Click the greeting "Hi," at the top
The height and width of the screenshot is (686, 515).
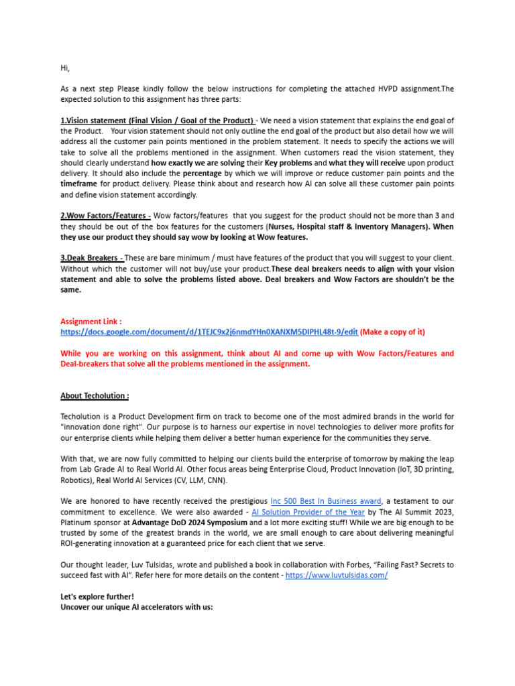65,68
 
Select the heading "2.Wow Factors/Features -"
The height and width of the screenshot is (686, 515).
105,216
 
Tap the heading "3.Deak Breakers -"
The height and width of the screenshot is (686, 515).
92,258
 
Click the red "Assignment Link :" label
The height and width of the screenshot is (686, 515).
91,322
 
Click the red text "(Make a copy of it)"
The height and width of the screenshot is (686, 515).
392,332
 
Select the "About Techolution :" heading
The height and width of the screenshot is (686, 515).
95,396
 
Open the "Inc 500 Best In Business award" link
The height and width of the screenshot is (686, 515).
325,501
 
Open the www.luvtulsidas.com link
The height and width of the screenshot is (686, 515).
336,575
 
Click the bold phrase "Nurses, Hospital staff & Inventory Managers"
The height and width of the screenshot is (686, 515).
337,226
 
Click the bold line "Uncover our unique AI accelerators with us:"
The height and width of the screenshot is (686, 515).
137,607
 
